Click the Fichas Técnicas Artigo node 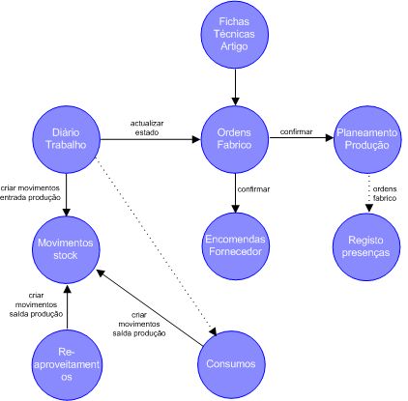pyautogui.click(x=235, y=35)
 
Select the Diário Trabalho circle pyautogui.click(x=67, y=139)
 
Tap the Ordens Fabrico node pyautogui.click(x=235, y=139)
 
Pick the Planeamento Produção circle pyautogui.click(x=367, y=139)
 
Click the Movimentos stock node pyautogui.click(x=66, y=249)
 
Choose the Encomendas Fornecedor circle pyautogui.click(x=235, y=246)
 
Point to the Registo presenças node pyautogui.click(x=366, y=246)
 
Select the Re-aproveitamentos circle pyautogui.click(x=67, y=365)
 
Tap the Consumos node pyautogui.click(x=231, y=364)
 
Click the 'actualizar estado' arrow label pyautogui.click(x=147, y=128)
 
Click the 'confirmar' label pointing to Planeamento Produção pyautogui.click(x=296, y=131)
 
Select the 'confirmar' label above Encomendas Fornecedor pyautogui.click(x=253, y=189)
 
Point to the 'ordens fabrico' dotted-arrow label pyautogui.click(x=385, y=193)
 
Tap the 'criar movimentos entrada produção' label pyautogui.click(x=30, y=193)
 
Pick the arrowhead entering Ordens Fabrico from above pyautogui.click(x=235, y=101)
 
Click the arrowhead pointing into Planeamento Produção pyautogui.click(x=329, y=138)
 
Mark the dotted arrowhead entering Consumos pyautogui.click(x=213, y=332)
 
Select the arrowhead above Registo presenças pyautogui.click(x=369, y=208)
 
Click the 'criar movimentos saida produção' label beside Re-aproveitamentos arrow pyautogui.click(x=36, y=304)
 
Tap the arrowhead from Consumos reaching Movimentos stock pyautogui.click(x=101, y=272)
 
